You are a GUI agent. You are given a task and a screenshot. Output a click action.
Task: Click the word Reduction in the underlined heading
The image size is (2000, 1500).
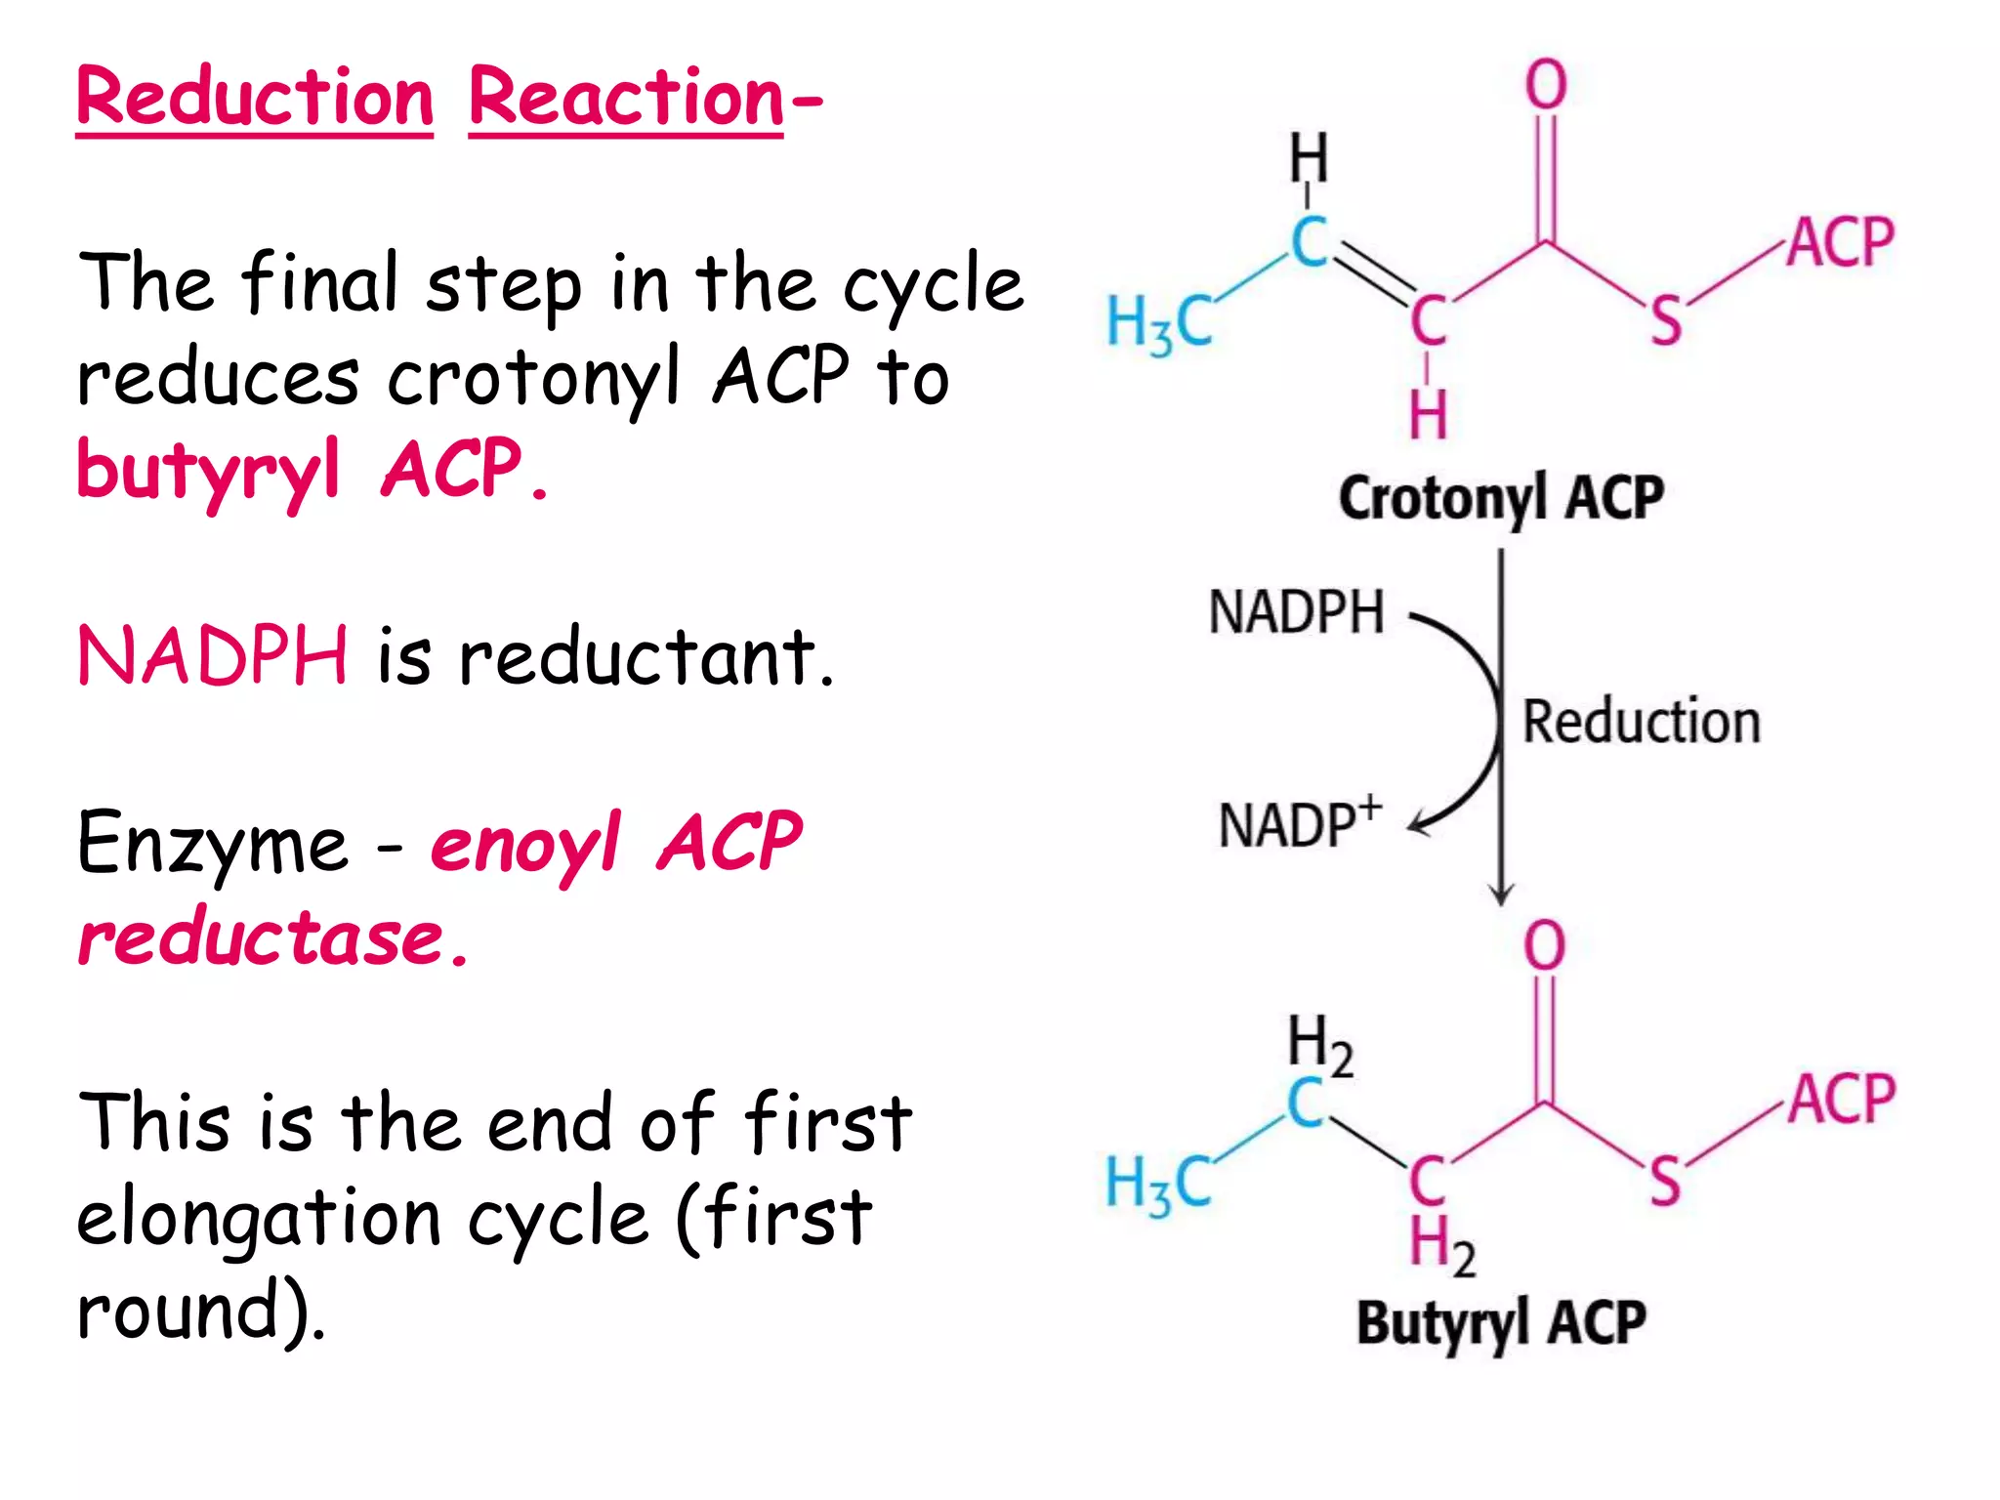255,98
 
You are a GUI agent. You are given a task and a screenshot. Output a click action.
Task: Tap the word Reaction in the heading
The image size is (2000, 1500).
626,98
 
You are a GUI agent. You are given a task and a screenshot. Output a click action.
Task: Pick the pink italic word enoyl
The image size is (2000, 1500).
525,845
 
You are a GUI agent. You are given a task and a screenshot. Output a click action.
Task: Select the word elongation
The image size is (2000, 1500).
259,1220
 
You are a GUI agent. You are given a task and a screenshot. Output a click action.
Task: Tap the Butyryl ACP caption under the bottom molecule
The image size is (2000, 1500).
1501,1325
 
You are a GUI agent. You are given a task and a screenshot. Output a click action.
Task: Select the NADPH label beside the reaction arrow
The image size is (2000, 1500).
1297,612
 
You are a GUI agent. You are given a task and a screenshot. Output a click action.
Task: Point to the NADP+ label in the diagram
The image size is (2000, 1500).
1301,822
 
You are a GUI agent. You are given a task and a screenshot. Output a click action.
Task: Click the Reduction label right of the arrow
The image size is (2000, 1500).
1642,722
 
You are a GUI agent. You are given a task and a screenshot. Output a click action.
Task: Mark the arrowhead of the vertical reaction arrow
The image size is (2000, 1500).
1501,896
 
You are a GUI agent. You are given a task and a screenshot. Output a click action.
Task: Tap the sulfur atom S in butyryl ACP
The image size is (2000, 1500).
1665,1181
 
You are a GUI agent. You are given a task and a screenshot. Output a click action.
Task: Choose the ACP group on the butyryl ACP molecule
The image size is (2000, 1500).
1842,1099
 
